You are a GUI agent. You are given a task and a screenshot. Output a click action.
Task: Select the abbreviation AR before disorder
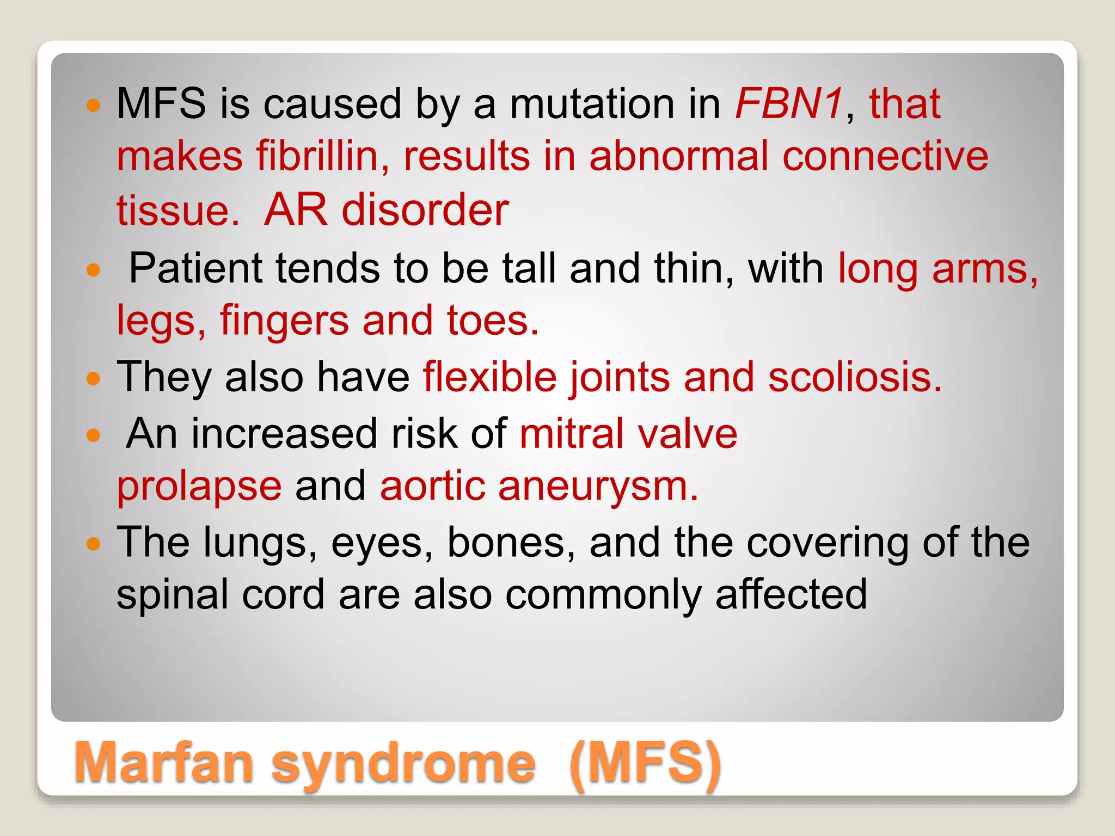tap(296, 210)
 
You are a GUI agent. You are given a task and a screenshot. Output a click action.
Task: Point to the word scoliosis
tap(855, 377)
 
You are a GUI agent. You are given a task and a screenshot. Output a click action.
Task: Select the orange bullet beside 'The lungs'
tap(94, 544)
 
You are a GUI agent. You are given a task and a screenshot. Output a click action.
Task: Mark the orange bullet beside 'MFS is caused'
tap(94, 105)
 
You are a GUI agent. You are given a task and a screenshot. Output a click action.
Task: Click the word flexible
tap(490, 377)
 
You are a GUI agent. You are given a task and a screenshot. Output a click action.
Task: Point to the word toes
tap(492, 321)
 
